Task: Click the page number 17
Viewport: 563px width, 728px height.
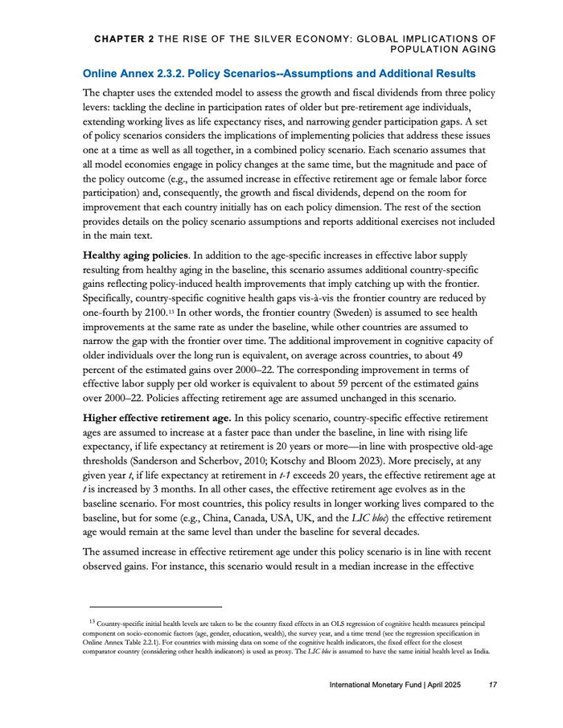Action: pos(492,685)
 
